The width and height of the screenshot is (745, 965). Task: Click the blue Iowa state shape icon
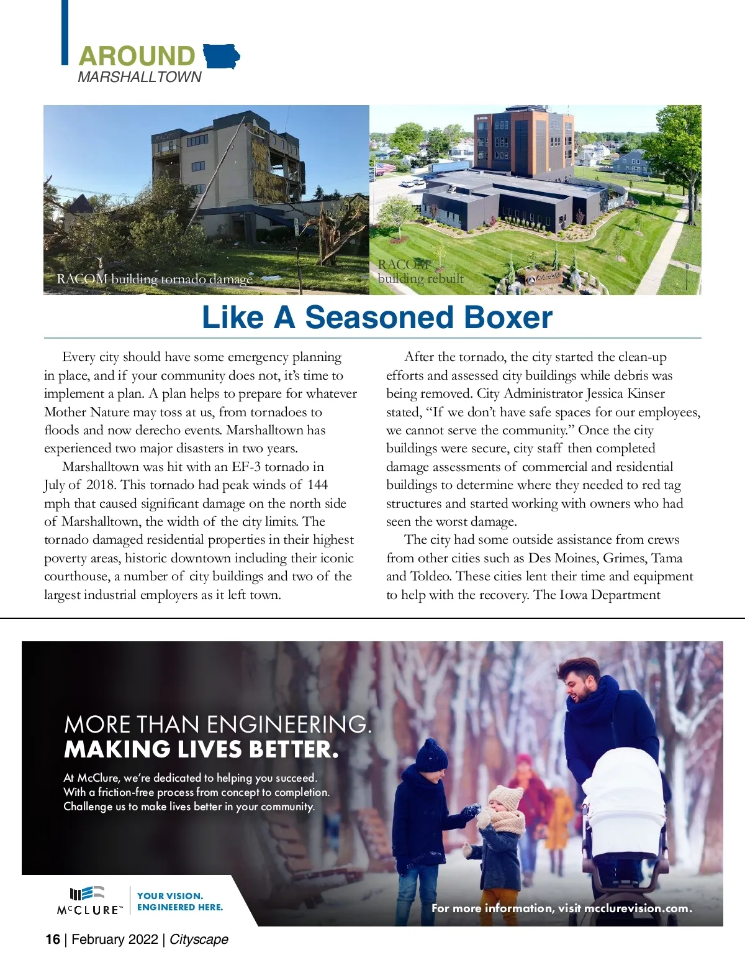pos(220,57)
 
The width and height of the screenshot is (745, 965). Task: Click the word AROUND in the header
pos(137,57)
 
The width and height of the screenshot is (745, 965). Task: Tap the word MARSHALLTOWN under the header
pos(140,77)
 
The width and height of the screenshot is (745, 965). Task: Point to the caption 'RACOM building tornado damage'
pos(155,279)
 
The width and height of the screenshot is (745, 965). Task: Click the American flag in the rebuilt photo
pos(385,168)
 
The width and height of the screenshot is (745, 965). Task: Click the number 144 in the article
pos(317,485)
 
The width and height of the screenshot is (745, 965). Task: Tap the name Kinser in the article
pos(646,393)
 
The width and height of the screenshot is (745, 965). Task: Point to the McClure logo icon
pos(87,894)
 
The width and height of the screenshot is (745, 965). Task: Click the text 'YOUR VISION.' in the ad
pos(170,896)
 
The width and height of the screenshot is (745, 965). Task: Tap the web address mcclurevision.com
pos(638,908)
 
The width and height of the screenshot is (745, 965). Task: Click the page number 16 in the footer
pos(53,940)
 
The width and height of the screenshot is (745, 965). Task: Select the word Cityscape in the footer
pos(199,940)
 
